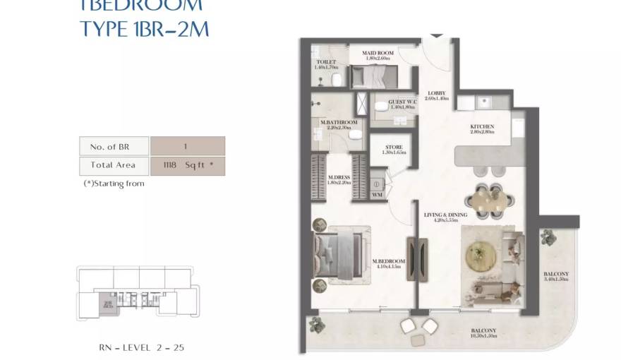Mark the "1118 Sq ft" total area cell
point(188,165)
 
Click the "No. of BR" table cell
point(114,147)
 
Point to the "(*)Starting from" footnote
point(114,184)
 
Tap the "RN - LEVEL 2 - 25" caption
point(142,347)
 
